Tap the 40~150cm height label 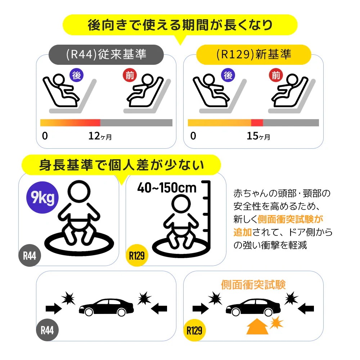coord(167,188)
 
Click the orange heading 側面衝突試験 coord(253,285)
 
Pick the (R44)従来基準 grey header coord(107,54)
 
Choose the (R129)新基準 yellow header coord(254,54)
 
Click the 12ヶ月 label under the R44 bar coord(100,136)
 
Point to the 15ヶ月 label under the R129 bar coord(258,136)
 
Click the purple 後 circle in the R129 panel coord(228,75)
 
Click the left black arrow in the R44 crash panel coord(53,308)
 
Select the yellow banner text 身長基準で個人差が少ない coord(121,165)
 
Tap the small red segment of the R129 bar coord(257,123)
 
